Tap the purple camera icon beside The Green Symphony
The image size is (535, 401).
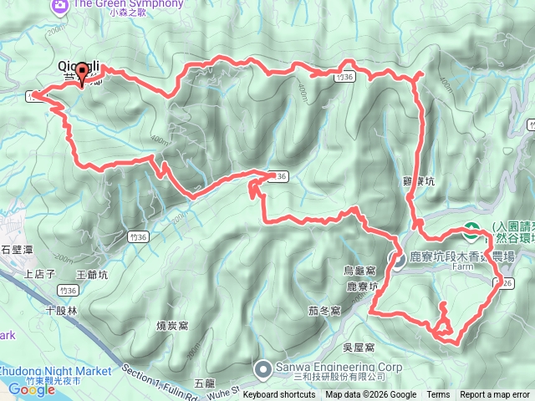[59, 6]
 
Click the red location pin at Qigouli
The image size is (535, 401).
[81, 75]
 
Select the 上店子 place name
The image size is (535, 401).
[39, 273]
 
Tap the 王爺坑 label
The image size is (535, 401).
[93, 273]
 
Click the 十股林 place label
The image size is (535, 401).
[61, 310]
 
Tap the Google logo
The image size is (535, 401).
[31, 388]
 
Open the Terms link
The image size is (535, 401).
[438, 395]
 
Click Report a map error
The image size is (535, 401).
[495, 395]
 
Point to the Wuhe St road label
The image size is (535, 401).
[216, 388]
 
